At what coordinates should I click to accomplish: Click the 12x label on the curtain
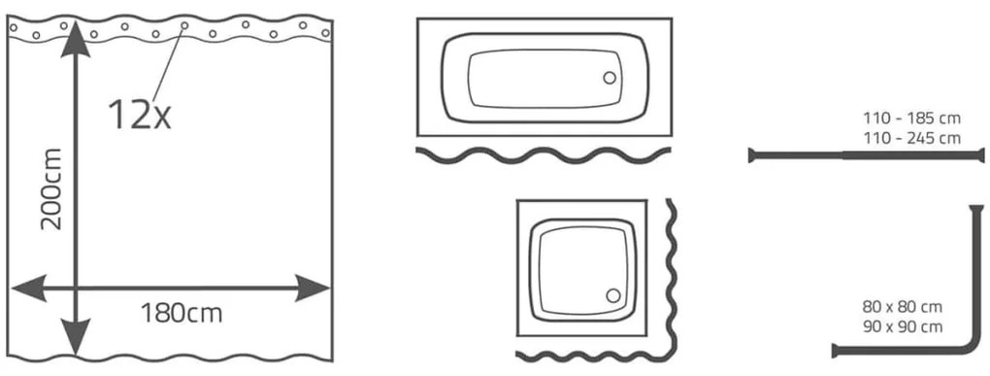coord(140,115)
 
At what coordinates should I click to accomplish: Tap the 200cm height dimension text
coord(50,188)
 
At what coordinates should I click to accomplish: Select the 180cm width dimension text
coord(181,313)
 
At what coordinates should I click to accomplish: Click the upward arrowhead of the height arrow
coord(76,39)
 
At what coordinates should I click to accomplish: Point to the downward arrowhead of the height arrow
coord(76,337)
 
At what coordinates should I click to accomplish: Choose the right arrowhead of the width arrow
coord(312,289)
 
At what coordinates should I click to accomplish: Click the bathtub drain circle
coord(610,78)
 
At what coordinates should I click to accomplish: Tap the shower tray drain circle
coord(612,295)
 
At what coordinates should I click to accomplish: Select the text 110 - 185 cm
coord(911,119)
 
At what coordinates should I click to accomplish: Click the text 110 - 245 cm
coord(911,138)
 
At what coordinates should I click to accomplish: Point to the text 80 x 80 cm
coord(903,308)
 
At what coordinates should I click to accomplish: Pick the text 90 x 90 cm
coord(903,327)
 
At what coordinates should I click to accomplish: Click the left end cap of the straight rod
coord(751,154)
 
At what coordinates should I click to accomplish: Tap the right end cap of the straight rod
coord(982,154)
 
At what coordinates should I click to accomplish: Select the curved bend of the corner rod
coord(971,342)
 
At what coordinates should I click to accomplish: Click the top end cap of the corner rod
coord(976,208)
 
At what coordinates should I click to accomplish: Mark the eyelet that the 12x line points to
coord(184,26)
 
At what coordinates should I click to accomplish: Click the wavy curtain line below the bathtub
coord(544,154)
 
